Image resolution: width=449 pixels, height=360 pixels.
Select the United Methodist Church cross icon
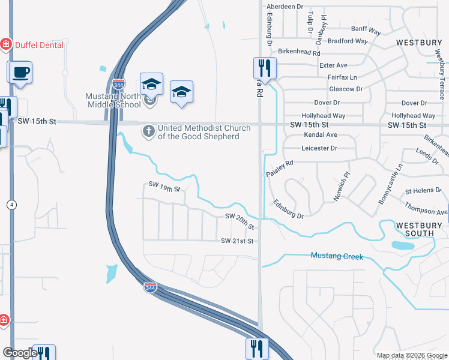148,130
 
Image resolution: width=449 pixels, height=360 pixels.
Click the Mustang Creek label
337,256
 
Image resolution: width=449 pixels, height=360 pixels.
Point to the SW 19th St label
164,188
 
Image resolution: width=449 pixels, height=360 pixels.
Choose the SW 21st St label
238,241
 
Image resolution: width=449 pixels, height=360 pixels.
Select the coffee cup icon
20,73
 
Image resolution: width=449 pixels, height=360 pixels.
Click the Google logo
20,353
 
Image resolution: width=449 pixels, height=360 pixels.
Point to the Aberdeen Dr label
285,6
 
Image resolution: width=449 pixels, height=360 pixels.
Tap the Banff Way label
366,29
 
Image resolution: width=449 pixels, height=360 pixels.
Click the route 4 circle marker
11,205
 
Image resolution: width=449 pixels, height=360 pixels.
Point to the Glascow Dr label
346,89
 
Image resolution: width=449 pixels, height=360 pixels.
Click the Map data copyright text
411,355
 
